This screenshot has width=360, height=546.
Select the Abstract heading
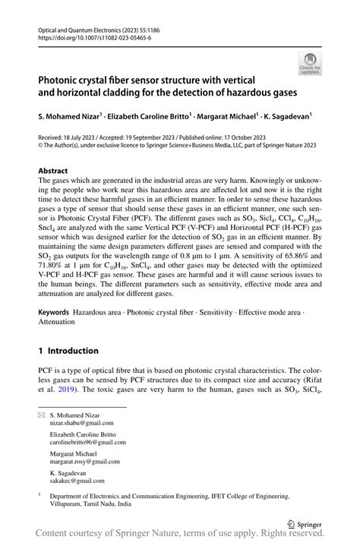(53, 171)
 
